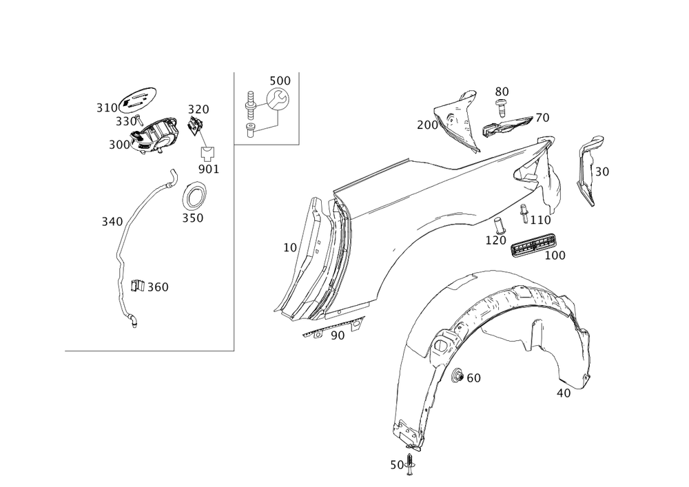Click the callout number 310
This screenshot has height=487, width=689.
point(106,107)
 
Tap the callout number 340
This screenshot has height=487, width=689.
point(111,222)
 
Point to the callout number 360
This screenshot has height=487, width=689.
point(158,287)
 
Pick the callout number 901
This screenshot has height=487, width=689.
point(208,169)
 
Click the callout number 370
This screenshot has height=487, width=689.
point(199,110)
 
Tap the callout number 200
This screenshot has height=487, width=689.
point(427,125)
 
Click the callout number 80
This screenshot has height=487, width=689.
point(502,91)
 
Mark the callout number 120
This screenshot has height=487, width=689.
point(496,240)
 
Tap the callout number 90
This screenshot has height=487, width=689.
point(337,335)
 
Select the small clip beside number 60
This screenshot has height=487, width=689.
point(455,375)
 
